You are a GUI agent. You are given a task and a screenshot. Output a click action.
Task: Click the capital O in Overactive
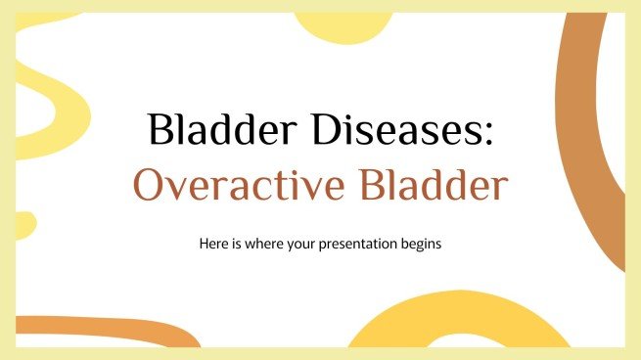[x=150, y=187]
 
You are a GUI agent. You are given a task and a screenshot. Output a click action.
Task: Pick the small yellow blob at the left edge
[x=23, y=225]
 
